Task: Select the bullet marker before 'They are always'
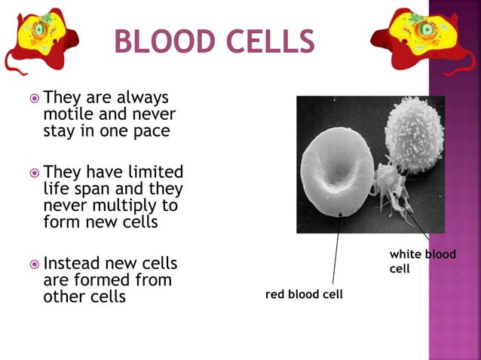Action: click(x=34, y=99)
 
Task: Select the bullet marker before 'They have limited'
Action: click(x=34, y=173)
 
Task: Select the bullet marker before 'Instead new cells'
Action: click(x=34, y=264)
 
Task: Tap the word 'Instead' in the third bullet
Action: click(x=74, y=264)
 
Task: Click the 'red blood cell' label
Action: click(x=304, y=294)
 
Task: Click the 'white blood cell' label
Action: click(x=422, y=261)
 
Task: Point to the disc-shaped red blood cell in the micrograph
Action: click(x=336, y=170)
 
